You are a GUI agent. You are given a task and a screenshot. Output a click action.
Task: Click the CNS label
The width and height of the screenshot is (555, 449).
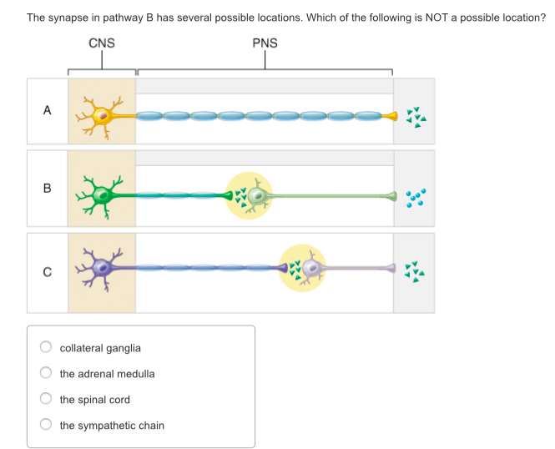tap(102, 43)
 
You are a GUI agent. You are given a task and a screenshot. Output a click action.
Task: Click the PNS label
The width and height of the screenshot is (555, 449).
tap(265, 43)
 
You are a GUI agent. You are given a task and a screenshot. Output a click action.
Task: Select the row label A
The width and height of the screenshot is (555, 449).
tap(47, 110)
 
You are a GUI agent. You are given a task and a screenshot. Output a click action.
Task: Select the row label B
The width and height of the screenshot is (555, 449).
tap(47, 189)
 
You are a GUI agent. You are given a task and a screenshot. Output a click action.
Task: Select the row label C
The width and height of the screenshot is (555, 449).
tap(47, 271)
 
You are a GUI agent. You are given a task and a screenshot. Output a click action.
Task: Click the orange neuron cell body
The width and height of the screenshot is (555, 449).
tap(103, 116)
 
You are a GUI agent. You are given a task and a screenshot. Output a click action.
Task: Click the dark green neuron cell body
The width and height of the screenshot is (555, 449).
tap(102, 196)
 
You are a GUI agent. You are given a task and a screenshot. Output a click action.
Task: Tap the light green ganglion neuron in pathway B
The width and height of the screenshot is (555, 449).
tap(258, 197)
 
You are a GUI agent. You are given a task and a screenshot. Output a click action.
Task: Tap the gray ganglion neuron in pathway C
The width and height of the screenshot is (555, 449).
tap(311, 268)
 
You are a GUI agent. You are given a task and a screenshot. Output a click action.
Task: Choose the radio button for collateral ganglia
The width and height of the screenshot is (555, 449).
tap(47, 348)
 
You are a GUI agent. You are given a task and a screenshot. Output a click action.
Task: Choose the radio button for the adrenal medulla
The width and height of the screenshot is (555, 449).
tap(47, 374)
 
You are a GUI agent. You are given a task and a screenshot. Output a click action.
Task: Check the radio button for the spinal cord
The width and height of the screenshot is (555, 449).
tap(47, 400)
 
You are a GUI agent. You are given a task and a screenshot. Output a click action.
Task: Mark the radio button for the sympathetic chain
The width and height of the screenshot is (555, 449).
tap(47, 426)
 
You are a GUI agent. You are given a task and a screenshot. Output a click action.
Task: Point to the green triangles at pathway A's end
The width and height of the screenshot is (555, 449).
tap(415, 117)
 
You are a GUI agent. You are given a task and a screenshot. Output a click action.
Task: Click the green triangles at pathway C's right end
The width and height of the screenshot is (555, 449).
tap(415, 270)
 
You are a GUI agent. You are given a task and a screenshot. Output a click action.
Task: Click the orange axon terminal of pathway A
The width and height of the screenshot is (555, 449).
tap(391, 116)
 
